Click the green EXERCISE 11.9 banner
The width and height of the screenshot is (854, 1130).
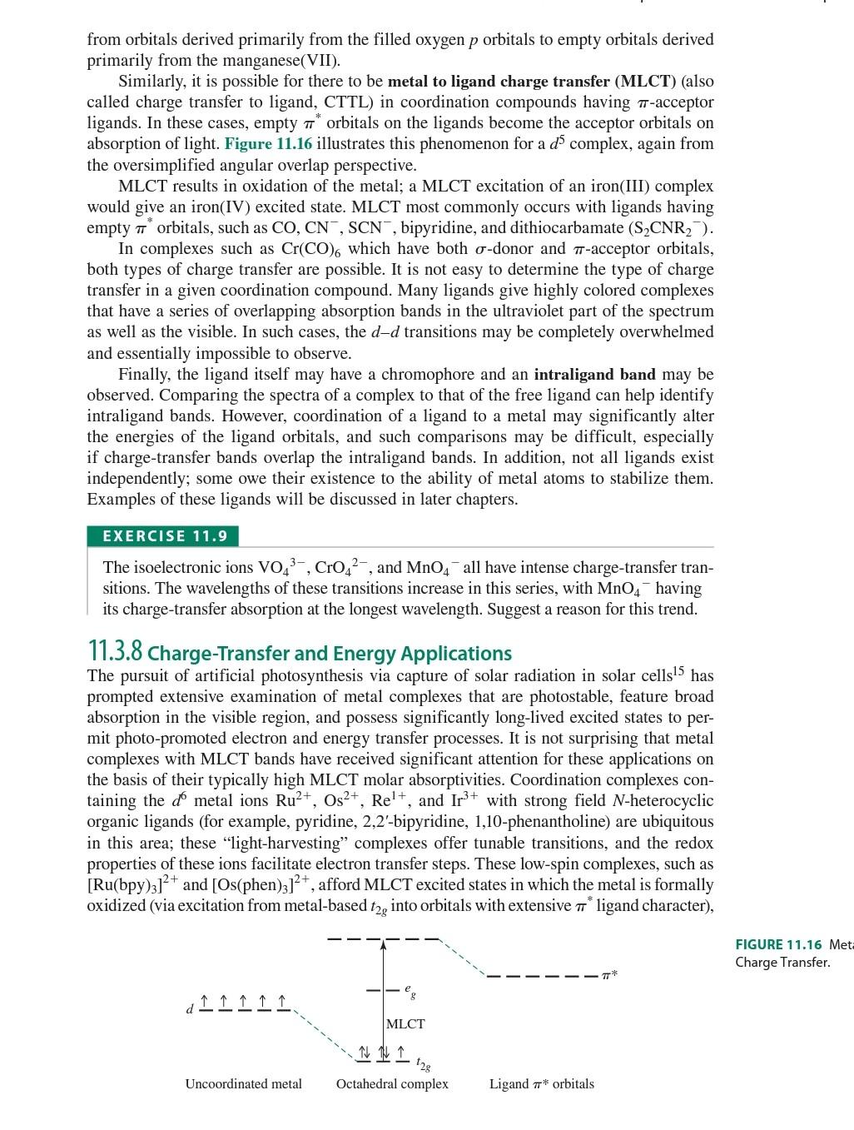[x=163, y=536]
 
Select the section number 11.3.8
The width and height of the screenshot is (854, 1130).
[x=115, y=651]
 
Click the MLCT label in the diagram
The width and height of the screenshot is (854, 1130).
[x=405, y=1023]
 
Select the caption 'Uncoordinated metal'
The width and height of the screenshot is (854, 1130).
[x=243, y=1083]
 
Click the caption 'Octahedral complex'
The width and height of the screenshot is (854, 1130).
[x=392, y=1083]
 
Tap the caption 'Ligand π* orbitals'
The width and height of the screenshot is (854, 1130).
[x=541, y=1083]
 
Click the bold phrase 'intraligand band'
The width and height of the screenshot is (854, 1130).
[x=594, y=375]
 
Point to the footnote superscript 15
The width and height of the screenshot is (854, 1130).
[x=678, y=670]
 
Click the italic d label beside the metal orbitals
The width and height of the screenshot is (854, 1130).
[x=189, y=1009]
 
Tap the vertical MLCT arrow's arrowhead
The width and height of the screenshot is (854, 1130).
[x=383, y=944]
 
